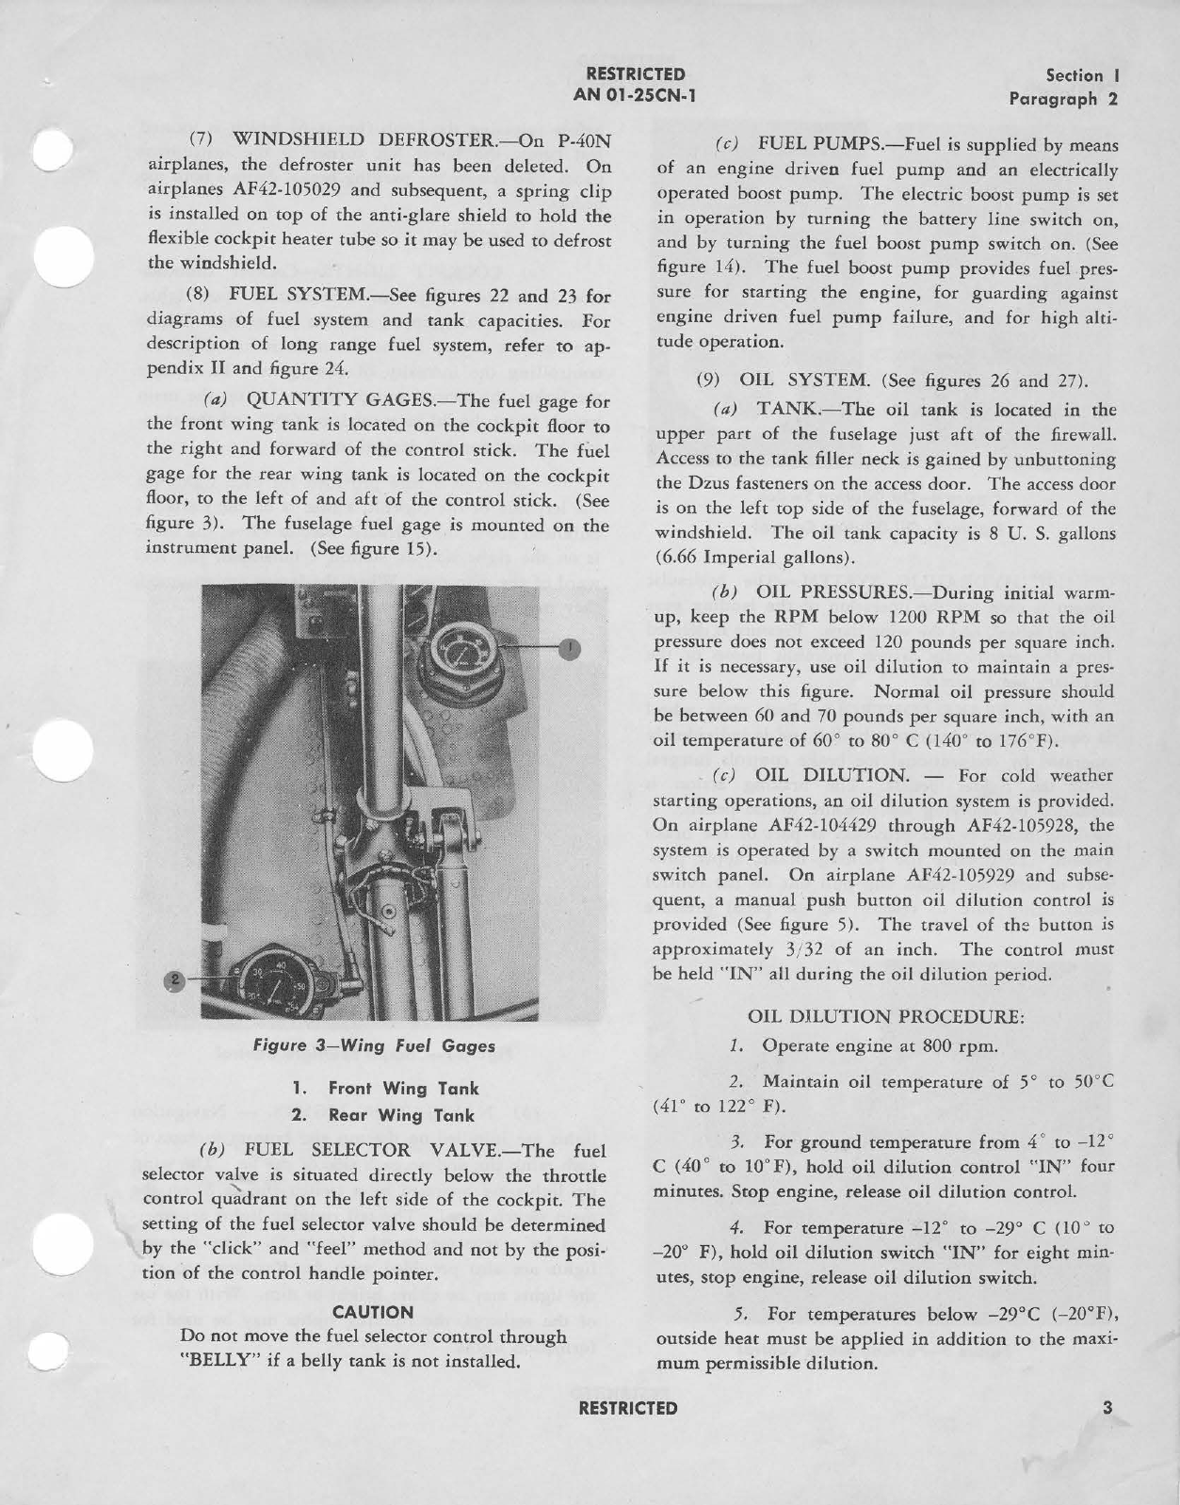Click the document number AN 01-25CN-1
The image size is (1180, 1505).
635,94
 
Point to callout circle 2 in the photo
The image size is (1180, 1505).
172,980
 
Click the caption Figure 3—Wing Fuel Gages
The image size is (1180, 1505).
374,1044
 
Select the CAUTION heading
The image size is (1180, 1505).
373,1312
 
